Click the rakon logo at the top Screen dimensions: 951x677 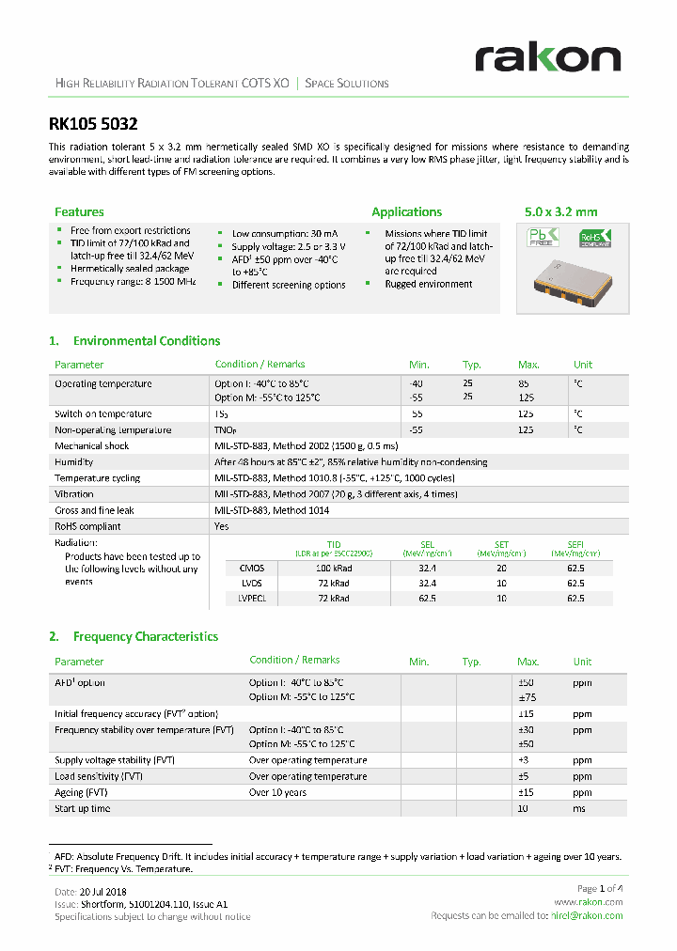pos(548,57)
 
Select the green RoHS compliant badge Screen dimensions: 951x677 pos(594,238)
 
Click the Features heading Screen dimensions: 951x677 pos(79,212)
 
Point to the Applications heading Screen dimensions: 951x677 pos(406,212)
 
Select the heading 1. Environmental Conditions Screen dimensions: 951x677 pos(134,341)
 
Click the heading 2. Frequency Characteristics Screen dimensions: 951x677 pos(134,637)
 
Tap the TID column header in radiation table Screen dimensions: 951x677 pos(334,544)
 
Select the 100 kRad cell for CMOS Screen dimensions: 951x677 pos(334,569)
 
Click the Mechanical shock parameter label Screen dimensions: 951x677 pos(92,446)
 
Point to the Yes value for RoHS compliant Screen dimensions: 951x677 pos(222,526)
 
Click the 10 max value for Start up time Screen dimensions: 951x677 pos(527,808)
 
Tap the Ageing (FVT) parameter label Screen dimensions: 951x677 pos(83,792)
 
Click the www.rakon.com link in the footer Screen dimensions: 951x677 pos(596,902)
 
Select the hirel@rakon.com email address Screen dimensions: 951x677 pos(585,915)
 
